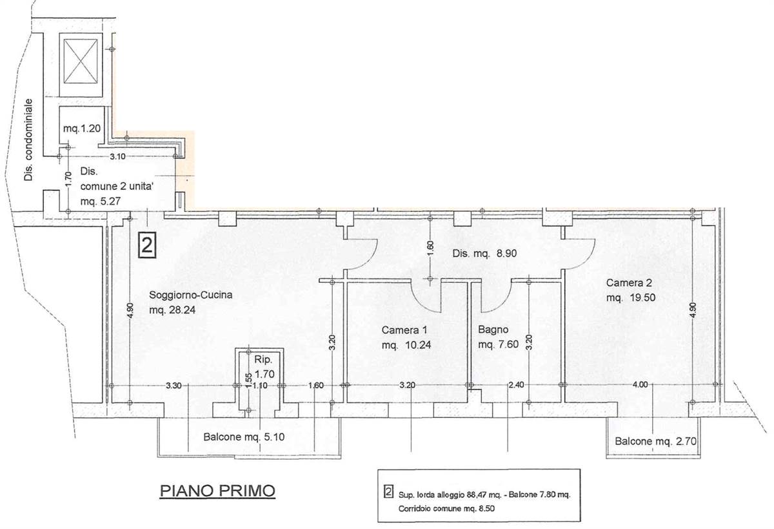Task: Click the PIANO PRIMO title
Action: coord(217,491)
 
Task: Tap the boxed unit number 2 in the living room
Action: coord(147,245)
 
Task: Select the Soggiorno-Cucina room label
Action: coord(191,295)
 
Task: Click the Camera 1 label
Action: coord(404,330)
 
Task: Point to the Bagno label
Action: coord(493,329)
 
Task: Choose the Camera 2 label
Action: coord(629,283)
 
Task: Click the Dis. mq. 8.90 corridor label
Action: coord(484,254)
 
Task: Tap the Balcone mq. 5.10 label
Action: coord(244,437)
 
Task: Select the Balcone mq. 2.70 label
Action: coord(655,441)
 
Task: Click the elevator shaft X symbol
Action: coord(81,61)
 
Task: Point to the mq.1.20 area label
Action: coord(82,129)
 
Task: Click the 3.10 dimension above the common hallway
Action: coord(117,156)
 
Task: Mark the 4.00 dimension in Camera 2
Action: coord(640,384)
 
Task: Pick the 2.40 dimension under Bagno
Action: coord(516,385)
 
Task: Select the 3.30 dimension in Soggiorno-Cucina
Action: coord(174,385)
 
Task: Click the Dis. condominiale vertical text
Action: coord(28,140)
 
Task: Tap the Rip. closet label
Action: coord(263,360)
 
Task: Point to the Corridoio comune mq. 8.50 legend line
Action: coord(446,508)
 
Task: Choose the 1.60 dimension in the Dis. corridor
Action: coord(430,249)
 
